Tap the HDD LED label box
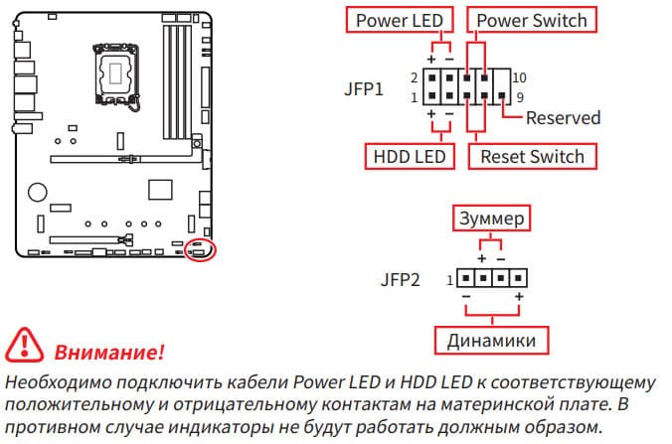point(411,156)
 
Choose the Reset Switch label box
point(532,156)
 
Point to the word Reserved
point(563,118)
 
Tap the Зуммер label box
point(489,217)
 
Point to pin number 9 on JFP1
point(520,97)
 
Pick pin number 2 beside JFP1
point(413,77)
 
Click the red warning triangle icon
point(23,348)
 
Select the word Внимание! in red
point(108,353)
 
